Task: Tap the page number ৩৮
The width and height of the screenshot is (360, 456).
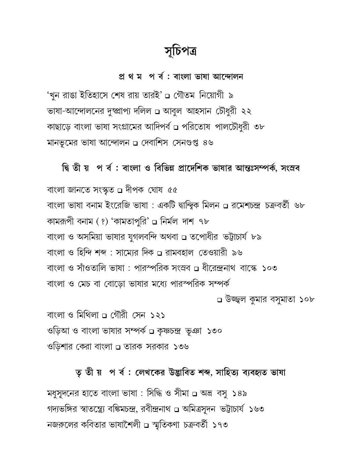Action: click(259, 127)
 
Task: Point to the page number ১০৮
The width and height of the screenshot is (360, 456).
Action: click(307, 299)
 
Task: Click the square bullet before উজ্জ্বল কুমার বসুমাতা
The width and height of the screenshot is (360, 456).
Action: click(219, 300)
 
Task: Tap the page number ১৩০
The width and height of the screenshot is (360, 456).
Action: click(214, 331)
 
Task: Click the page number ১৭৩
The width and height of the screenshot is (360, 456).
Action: click(220, 424)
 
